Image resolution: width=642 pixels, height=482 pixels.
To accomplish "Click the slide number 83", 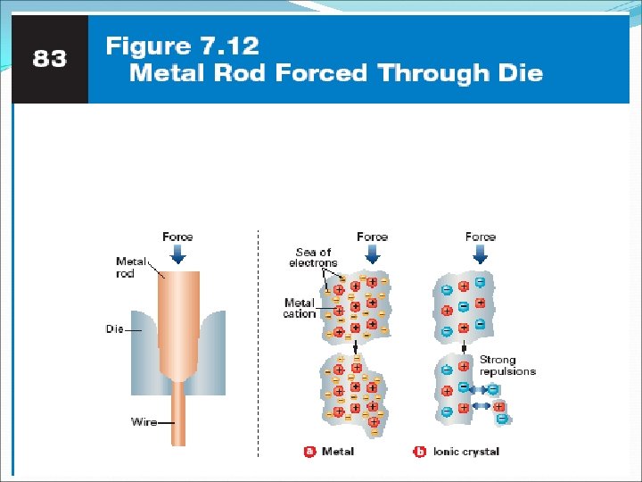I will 50,59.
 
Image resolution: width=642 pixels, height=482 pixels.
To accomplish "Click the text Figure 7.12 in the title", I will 182,46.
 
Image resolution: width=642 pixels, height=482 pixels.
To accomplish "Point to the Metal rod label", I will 131,267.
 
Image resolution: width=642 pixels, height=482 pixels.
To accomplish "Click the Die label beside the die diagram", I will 114,329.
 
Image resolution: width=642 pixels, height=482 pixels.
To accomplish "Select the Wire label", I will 144,422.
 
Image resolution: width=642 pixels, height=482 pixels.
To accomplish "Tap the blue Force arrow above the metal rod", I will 177,254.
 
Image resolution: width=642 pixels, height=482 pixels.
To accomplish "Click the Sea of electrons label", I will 313,258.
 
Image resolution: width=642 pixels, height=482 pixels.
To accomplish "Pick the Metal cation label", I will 300,308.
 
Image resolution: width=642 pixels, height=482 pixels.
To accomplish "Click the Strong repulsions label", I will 507,365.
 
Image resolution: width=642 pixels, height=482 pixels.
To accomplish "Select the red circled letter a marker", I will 310,452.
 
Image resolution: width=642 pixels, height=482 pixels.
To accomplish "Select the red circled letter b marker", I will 420,452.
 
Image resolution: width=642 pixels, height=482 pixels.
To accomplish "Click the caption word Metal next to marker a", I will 338,452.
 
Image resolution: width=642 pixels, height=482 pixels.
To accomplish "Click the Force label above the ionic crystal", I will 481,237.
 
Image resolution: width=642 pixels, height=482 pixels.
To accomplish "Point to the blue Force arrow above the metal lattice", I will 372,254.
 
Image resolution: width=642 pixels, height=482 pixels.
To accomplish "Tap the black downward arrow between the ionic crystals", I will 464,346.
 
